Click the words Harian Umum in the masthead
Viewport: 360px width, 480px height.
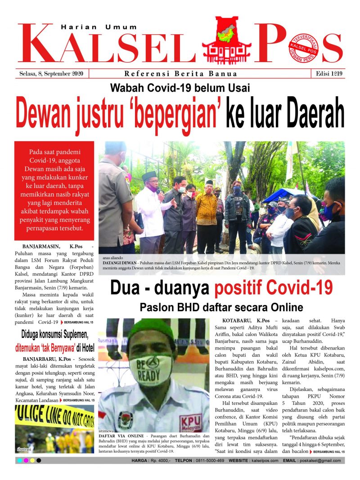(x=99, y=27)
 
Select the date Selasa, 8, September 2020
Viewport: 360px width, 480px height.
(x=54, y=74)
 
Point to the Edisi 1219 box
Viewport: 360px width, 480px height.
(x=327, y=74)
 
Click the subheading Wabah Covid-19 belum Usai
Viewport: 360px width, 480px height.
(x=180, y=88)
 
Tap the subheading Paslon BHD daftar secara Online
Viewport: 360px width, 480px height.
(x=221, y=308)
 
